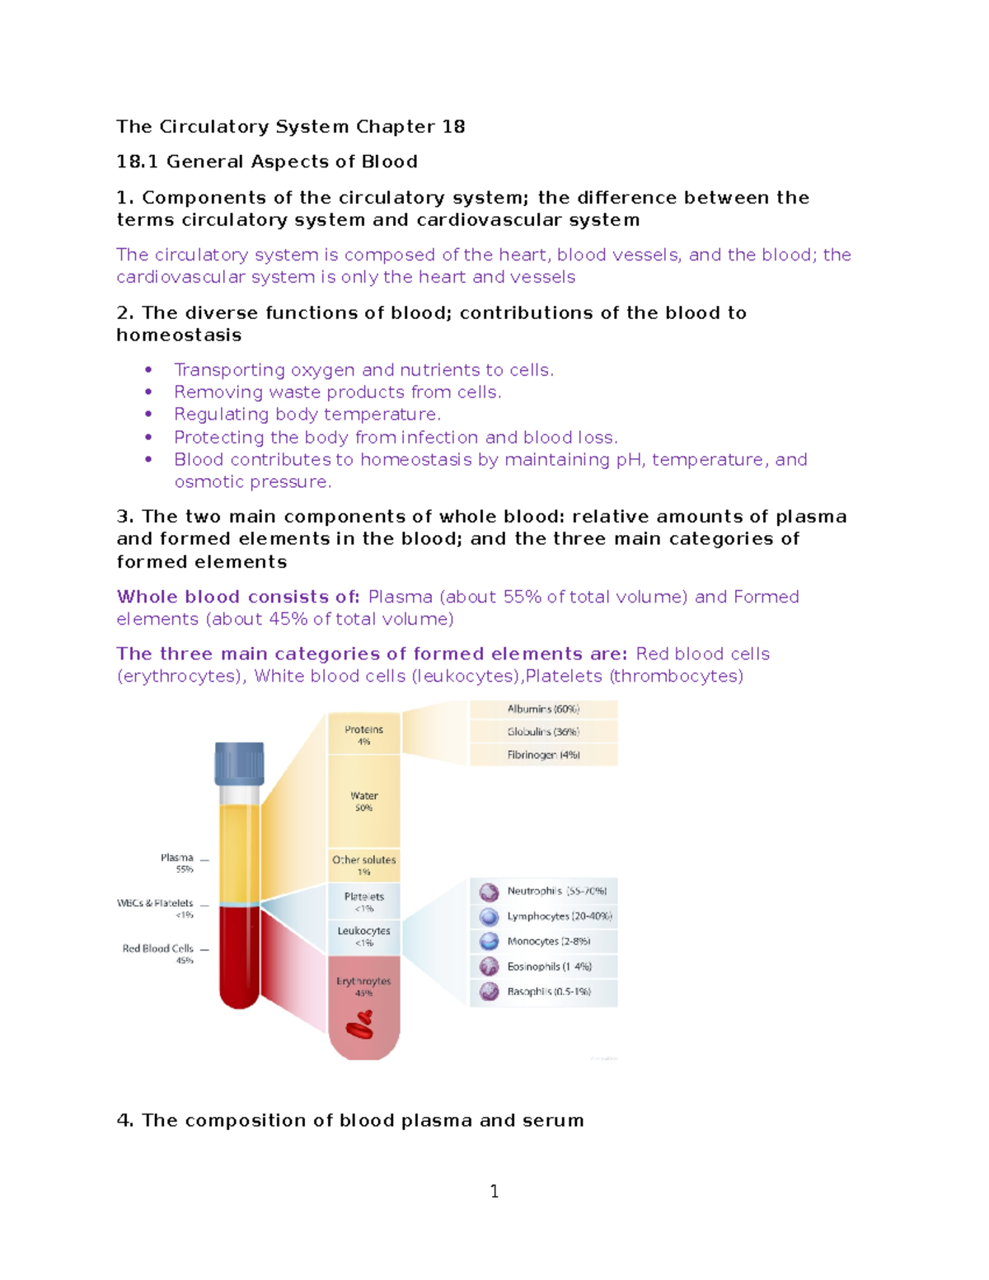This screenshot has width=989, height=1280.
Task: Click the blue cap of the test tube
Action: click(x=239, y=763)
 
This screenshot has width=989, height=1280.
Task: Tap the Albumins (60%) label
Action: click(x=543, y=709)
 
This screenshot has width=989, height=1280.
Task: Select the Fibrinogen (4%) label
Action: click(x=543, y=755)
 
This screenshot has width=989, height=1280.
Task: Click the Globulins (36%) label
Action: click(x=543, y=732)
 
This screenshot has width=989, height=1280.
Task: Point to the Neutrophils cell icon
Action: click(x=489, y=892)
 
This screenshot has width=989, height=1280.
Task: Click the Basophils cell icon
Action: click(x=489, y=992)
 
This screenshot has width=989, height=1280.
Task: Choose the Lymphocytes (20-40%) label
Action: click(x=559, y=917)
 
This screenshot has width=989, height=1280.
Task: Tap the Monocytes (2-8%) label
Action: click(x=548, y=941)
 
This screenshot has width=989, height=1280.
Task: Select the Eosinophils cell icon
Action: click(x=489, y=966)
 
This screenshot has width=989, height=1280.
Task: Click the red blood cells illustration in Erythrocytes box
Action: click(x=360, y=1024)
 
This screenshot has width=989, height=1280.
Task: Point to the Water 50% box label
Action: click(x=363, y=801)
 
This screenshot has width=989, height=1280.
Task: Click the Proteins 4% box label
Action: click(x=363, y=734)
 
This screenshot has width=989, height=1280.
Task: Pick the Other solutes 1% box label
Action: click(x=363, y=865)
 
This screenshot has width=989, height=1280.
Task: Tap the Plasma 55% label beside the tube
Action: click(x=177, y=863)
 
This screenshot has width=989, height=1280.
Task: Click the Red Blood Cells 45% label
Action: click(x=158, y=954)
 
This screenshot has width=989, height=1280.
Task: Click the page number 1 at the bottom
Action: click(x=494, y=1191)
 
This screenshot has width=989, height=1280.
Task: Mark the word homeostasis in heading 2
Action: click(x=179, y=335)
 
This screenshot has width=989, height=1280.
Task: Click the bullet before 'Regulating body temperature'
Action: click(x=148, y=415)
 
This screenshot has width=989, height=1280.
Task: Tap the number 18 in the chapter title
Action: click(x=453, y=127)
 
